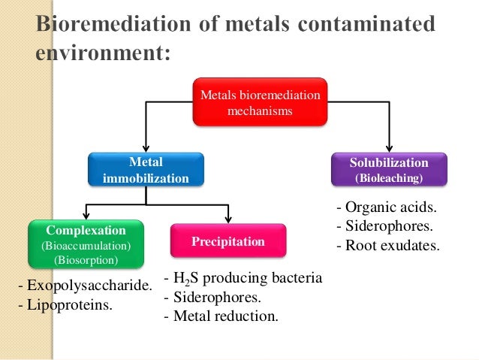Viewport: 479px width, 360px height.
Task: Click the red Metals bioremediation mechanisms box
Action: point(260,103)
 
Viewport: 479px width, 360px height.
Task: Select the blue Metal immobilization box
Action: point(146,171)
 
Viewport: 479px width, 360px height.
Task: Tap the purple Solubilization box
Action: point(389,170)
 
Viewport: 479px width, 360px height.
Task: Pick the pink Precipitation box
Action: point(228,242)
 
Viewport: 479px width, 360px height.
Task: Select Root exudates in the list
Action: point(387,245)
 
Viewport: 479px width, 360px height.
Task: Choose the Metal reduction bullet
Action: point(221,316)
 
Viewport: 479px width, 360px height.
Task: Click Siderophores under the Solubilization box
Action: point(386,226)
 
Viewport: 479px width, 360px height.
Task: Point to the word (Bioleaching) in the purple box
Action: point(389,179)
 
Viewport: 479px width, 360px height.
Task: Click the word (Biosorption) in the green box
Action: point(86,260)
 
